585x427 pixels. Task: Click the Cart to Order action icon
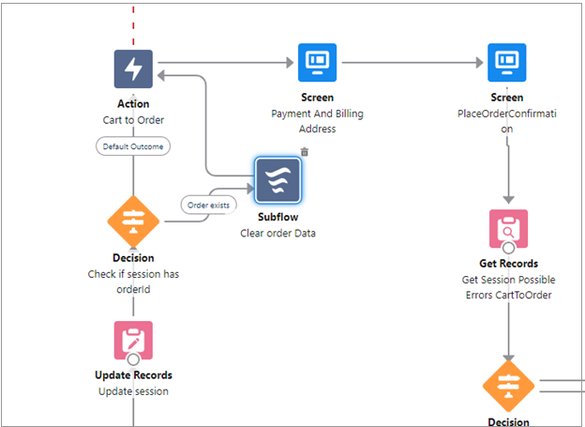point(133,69)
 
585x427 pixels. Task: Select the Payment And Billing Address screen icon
point(317,63)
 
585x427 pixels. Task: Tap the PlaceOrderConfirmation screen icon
point(507,63)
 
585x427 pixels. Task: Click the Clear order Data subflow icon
point(278,180)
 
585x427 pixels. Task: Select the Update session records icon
point(133,340)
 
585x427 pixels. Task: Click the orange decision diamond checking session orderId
point(133,221)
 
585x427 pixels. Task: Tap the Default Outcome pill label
point(133,146)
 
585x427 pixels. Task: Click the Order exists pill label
point(209,204)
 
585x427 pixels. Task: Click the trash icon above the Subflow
point(305,152)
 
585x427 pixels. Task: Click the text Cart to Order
point(133,120)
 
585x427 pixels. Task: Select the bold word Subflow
point(278,217)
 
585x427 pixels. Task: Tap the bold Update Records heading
point(133,375)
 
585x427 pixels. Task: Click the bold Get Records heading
point(508,264)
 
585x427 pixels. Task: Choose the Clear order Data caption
point(278,233)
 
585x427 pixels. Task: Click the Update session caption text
point(133,391)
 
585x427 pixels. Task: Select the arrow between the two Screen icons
point(412,63)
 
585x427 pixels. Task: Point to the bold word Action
point(133,104)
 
